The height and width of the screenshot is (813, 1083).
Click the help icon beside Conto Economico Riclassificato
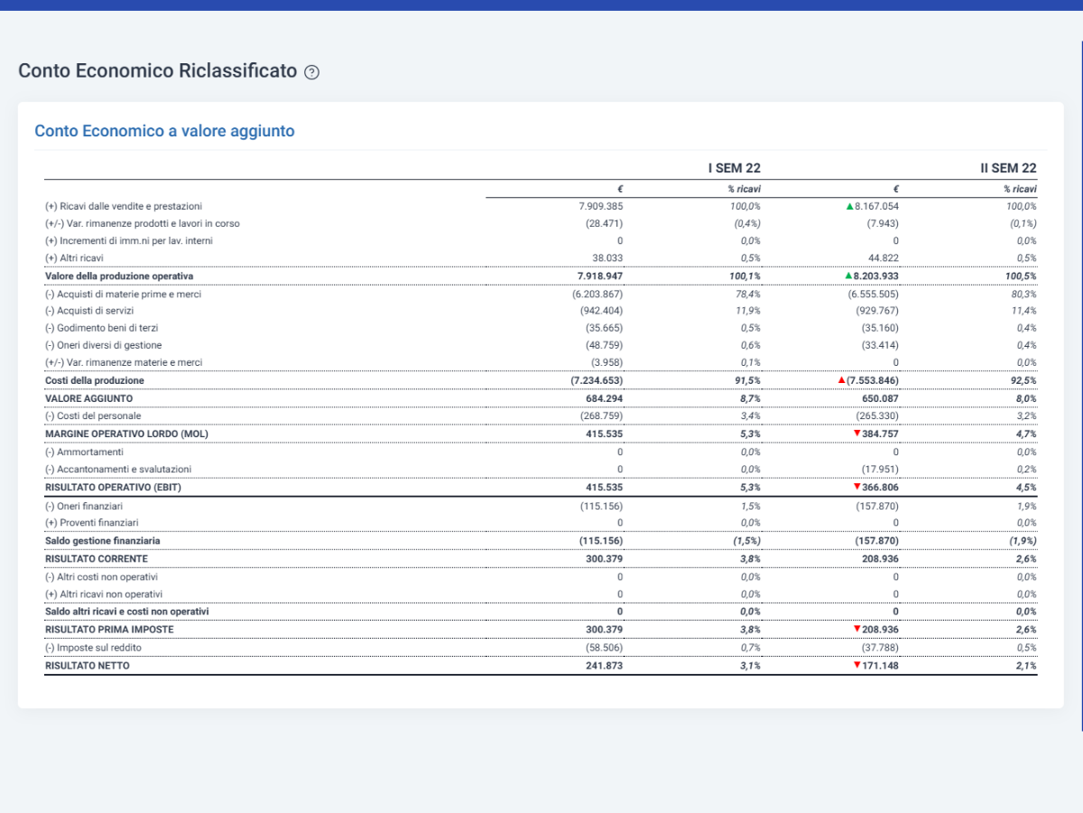click(311, 72)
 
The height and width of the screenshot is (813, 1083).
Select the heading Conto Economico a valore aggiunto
click(164, 131)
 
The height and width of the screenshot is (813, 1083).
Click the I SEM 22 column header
click(734, 168)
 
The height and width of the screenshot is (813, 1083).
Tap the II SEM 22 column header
click(1008, 168)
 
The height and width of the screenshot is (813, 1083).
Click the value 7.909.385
click(600, 206)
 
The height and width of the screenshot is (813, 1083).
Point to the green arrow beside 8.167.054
click(849, 206)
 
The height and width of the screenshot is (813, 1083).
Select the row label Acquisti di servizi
click(89, 311)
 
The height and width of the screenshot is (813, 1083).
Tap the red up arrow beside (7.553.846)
click(842, 380)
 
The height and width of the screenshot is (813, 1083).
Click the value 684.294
click(604, 399)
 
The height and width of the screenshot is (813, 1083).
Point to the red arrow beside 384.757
click(857, 434)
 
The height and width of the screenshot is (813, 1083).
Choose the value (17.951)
click(880, 470)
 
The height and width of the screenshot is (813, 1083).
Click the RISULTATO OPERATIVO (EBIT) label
click(113, 488)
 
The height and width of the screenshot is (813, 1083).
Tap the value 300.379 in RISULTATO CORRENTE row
click(604, 559)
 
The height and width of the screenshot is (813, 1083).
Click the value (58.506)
click(604, 648)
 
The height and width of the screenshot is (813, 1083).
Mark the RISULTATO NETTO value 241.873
click(604, 666)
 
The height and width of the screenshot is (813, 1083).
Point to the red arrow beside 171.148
click(857, 665)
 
